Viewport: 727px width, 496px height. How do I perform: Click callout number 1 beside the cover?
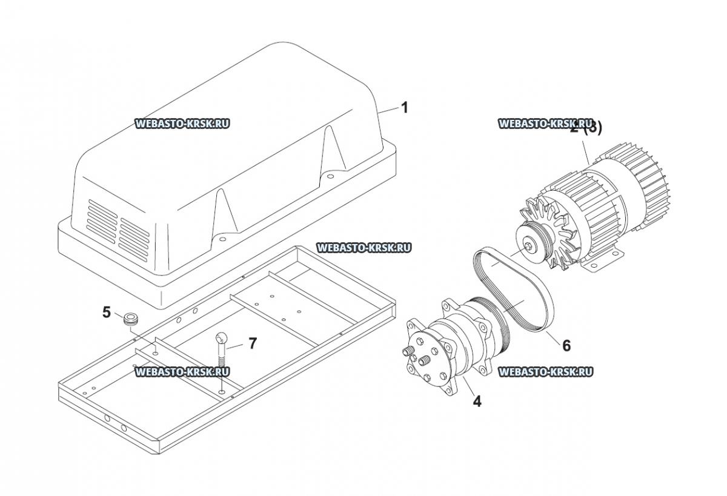click(405, 108)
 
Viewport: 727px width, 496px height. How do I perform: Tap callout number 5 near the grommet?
click(106, 312)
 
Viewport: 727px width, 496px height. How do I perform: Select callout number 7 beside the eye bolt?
click(252, 343)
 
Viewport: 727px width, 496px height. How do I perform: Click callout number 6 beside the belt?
click(566, 345)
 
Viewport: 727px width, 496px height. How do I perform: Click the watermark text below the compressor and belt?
click(545, 372)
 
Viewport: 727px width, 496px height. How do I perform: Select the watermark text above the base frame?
click(364, 248)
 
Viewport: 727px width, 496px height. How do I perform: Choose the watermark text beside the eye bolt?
click(182, 372)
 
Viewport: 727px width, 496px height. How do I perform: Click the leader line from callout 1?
click(388, 110)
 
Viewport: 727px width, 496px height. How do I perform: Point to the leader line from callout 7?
click(236, 345)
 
